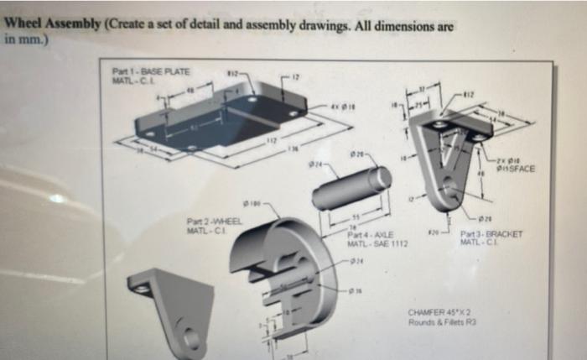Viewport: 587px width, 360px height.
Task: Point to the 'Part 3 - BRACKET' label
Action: click(x=490, y=235)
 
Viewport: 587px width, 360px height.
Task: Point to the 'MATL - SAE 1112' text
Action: click(x=377, y=243)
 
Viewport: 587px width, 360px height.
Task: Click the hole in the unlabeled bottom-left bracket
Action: click(x=191, y=338)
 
